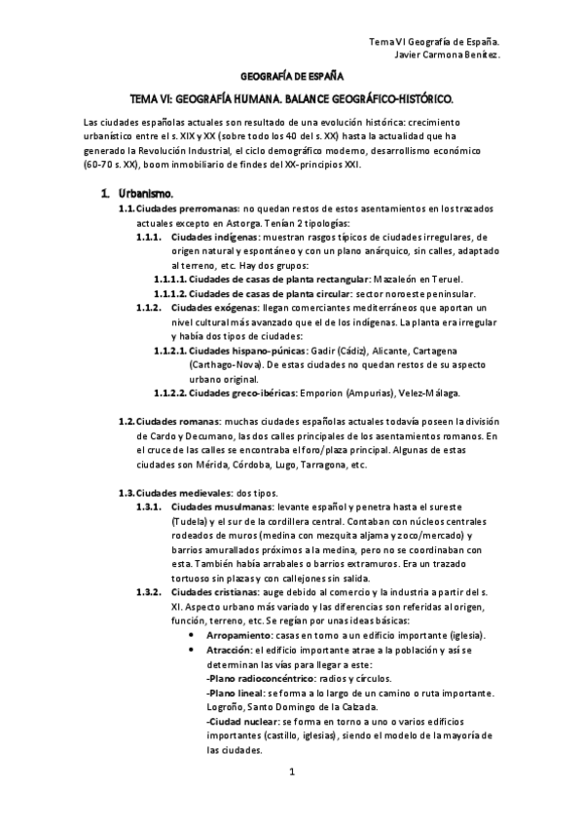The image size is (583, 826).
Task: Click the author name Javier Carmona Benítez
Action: click(x=450, y=55)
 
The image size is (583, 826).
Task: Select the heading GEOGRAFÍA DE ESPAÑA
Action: click(x=291, y=75)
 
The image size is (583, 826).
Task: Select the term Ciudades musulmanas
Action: click(x=221, y=507)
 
